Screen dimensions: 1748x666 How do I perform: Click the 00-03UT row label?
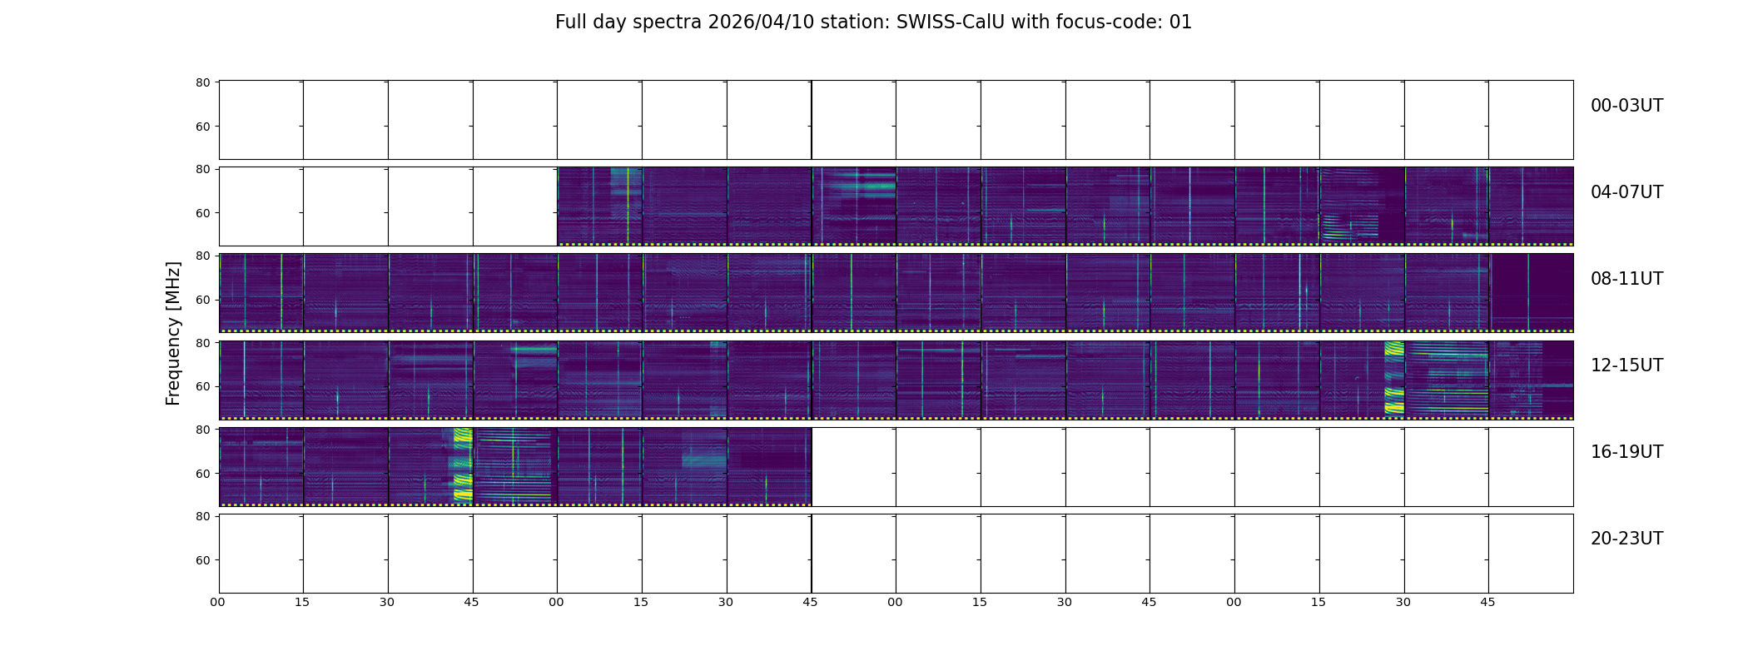[1626, 106]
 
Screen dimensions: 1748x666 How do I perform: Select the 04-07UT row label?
[1626, 192]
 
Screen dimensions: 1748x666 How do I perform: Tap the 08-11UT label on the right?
[1626, 279]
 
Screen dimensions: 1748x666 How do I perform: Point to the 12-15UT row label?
[1626, 365]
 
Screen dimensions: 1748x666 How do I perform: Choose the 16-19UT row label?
[1626, 452]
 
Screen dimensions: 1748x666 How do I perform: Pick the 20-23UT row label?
[1626, 539]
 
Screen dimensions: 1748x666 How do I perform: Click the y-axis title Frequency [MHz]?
[173, 333]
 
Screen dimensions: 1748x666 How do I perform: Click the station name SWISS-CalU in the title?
[950, 22]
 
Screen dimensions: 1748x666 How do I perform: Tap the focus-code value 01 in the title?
[1180, 22]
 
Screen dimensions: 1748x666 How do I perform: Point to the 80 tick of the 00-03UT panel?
[202, 82]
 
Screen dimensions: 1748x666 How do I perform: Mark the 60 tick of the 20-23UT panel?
[202, 560]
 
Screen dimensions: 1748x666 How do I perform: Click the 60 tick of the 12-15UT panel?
[202, 386]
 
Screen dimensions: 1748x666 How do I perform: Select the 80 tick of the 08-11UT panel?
[202, 256]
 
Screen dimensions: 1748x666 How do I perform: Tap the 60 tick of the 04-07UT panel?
[202, 213]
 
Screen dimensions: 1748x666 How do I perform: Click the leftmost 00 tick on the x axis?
[217, 602]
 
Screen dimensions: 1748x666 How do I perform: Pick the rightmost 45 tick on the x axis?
[1487, 602]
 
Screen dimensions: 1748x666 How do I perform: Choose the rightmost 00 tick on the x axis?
[1234, 602]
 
